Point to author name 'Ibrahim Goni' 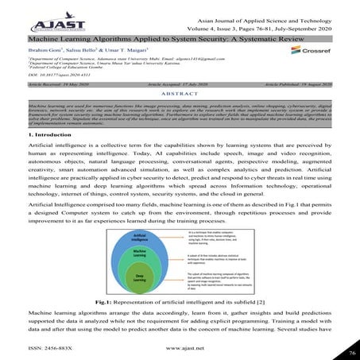[x=40, y=49]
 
